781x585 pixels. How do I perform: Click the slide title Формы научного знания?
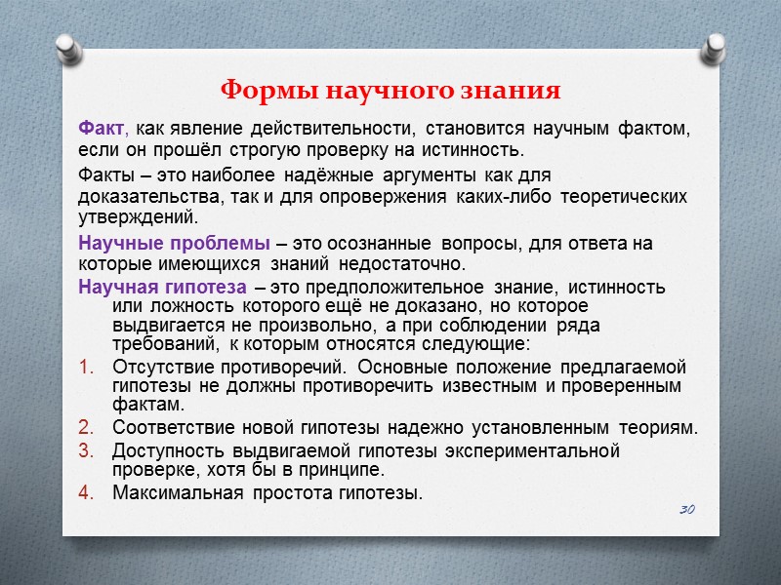click(390, 91)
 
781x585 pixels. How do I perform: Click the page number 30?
click(686, 510)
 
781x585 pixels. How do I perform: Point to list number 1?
click(87, 367)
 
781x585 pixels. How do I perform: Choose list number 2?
click(87, 427)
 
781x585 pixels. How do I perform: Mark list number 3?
click(87, 450)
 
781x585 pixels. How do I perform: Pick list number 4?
click(87, 492)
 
